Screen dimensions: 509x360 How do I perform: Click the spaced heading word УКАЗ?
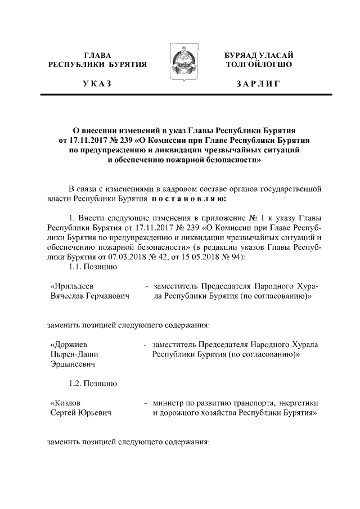[x=97, y=84]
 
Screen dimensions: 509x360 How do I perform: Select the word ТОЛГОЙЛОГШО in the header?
[x=258, y=65]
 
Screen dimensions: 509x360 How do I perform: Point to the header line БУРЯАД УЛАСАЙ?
[x=258, y=55]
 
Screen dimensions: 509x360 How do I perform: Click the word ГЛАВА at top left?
[x=97, y=55]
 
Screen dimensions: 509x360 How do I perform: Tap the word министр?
[x=170, y=403]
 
